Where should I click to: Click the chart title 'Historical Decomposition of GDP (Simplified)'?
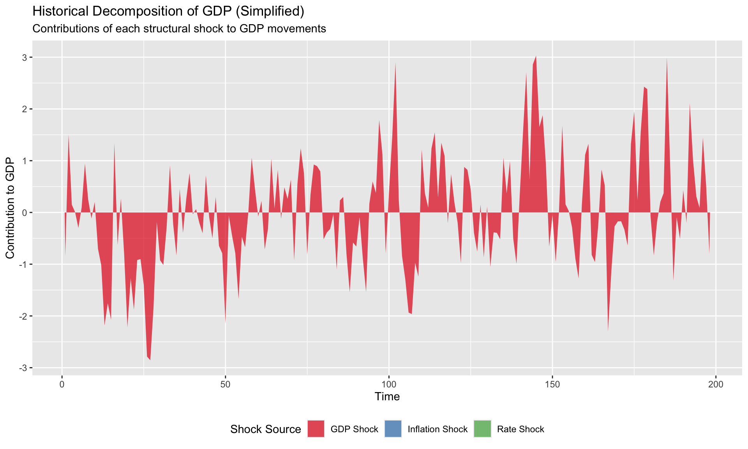click(x=168, y=11)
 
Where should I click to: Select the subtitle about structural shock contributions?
click(x=179, y=29)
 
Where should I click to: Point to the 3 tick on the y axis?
click(x=24, y=58)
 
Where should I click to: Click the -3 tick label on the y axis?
click(x=23, y=368)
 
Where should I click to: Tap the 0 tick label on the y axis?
click(x=24, y=213)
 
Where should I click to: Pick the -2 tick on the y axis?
click(x=23, y=316)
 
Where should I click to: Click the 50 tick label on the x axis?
click(x=225, y=384)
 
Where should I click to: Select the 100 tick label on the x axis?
click(x=388, y=384)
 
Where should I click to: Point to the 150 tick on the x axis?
click(x=552, y=384)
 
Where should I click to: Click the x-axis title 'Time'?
click(x=387, y=397)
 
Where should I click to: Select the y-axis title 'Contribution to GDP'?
click(x=10, y=208)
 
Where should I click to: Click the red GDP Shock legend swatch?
click(x=316, y=429)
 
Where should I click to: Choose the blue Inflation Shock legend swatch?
click(x=393, y=429)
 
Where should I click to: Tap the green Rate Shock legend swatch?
click(x=482, y=429)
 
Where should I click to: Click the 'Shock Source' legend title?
click(x=265, y=429)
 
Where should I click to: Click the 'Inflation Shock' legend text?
click(x=438, y=429)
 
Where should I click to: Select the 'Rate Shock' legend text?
click(x=520, y=429)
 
